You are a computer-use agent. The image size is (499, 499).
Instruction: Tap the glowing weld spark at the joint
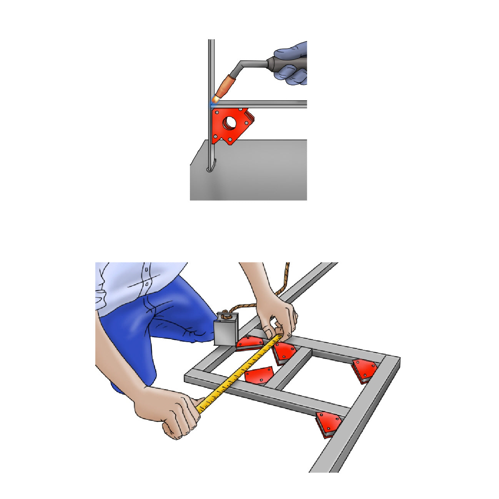coord(215,101)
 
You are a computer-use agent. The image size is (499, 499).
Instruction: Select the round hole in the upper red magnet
coord(231,122)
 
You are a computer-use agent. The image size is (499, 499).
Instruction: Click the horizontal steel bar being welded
coord(265,104)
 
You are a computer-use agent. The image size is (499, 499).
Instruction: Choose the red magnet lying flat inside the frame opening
coord(258,375)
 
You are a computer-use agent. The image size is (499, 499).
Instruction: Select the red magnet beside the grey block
coord(249,343)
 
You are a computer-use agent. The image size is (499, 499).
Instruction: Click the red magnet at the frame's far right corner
coord(364,370)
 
